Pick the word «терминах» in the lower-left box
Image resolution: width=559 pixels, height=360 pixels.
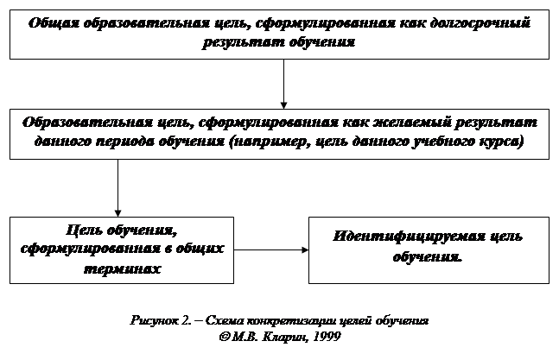(x=122, y=268)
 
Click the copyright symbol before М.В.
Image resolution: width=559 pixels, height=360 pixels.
(x=226, y=336)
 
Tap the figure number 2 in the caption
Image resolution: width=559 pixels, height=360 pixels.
(x=187, y=320)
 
